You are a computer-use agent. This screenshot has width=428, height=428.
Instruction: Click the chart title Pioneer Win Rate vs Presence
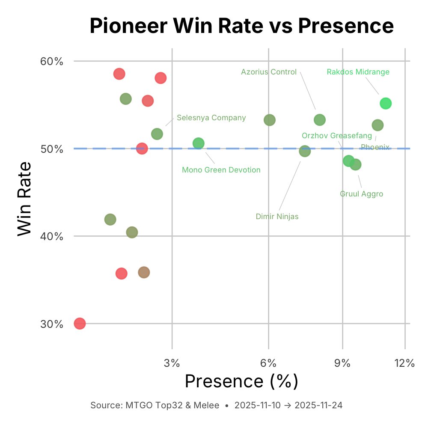[241, 27]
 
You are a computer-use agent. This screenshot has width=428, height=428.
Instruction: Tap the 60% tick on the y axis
[52, 61]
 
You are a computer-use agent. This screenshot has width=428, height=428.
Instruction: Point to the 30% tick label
[52, 324]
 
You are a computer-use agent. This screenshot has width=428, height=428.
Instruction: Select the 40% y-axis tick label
[52, 236]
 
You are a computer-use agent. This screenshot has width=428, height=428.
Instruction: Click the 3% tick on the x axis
[172, 363]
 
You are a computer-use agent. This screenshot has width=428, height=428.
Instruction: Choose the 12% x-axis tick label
[404, 363]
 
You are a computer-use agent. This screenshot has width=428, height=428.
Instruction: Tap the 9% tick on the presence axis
[342, 363]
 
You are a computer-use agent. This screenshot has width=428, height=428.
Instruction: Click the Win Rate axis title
[25, 198]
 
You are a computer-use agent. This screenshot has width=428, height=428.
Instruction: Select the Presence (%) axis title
[241, 381]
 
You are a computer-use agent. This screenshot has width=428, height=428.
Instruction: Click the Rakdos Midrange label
[358, 72]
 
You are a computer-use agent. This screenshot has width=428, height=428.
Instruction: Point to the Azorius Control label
[269, 72]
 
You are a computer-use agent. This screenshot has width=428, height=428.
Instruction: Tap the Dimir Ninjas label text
[277, 217]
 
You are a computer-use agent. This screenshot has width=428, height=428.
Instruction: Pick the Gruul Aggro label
[361, 194]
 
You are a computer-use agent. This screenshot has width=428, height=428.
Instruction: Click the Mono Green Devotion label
[221, 170]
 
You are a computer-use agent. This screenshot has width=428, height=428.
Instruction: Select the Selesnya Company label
[211, 118]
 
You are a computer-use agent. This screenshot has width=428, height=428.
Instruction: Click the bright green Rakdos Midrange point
[386, 104]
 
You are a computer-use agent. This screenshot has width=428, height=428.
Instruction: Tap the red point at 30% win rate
[80, 324]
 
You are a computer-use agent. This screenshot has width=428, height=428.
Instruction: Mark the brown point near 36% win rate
[144, 272]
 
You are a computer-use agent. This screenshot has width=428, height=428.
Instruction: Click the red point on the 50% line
[142, 149]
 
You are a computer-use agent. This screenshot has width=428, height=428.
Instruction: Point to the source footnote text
[216, 405]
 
